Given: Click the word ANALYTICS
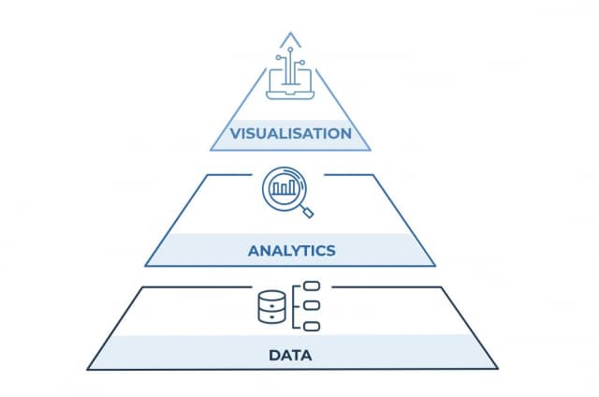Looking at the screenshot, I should pyautogui.click(x=292, y=251).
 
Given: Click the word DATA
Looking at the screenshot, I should pyautogui.click(x=291, y=356).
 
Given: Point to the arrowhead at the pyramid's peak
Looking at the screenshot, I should pyautogui.click(x=292, y=37).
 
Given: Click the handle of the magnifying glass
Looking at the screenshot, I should pyautogui.click(x=308, y=211).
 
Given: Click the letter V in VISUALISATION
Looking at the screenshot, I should pyautogui.click(x=237, y=133).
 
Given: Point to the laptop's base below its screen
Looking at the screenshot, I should pyautogui.click(x=292, y=96).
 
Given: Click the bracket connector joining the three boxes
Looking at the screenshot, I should pyautogui.click(x=298, y=305).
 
